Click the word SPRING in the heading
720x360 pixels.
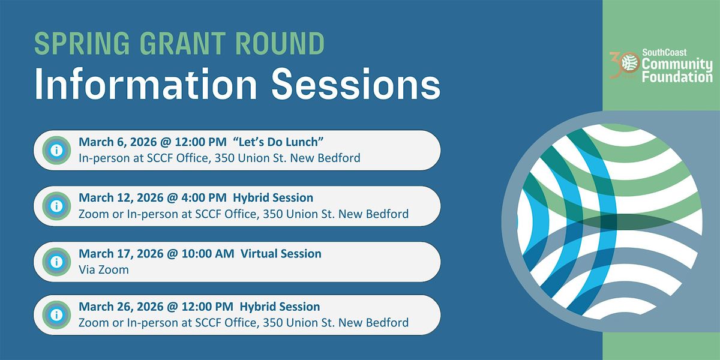(x=82, y=43)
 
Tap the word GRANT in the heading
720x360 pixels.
(x=182, y=43)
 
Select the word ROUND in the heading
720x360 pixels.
(x=280, y=43)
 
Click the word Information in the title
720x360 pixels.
(x=146, y=84)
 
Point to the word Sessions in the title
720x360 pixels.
(x=356, y=84)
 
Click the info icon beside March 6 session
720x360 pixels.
(x=56, y=150)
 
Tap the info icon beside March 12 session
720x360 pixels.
(x=56, y=206)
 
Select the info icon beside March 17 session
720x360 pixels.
(x=56, y=262)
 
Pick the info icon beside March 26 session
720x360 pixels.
(x=56, y=315)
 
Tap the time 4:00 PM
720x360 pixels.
(x=204, y=197)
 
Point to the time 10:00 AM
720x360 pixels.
(x=208, y=254)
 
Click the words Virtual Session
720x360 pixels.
(x=281, y=254)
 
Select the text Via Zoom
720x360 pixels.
(x=103, y=269)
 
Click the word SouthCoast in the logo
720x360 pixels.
(x=664, y=52)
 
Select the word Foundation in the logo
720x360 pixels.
(x=677, y=77)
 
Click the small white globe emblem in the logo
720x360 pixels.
(x=629, y=62)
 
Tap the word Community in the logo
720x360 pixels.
(x=677, y=65)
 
